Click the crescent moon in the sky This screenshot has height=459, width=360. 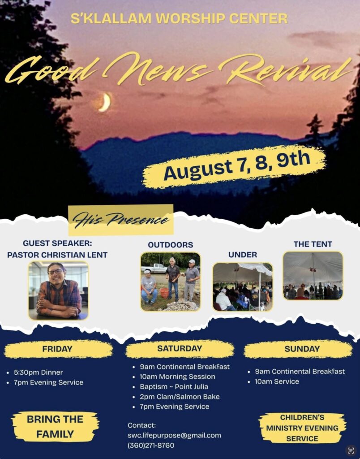[x=105, y=102]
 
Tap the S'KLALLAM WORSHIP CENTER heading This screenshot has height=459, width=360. [x=179, y=18]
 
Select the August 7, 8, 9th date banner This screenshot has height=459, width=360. [x=235, y=166]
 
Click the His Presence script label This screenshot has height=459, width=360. [x=121, y=220]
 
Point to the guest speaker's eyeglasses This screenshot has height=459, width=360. [x=56, y=271]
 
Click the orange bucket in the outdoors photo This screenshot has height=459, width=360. [x=164, y=293]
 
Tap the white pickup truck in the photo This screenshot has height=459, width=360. [x=154, y=268]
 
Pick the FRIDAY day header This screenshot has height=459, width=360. [x=58, y=349]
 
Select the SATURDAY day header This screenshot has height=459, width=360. [x=180, y=348]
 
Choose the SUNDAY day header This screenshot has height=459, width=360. [x=302, y=349]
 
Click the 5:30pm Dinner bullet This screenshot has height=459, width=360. [x=39, y=372]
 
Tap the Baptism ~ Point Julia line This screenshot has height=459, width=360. [x=174, y=387]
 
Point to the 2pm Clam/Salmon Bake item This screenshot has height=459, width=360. [x=180, y=397]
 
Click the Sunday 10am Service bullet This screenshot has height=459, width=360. [x=277, y=381]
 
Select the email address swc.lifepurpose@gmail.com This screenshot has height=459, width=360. [x=174, y=435]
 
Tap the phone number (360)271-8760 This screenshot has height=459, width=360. [x=151, y=446]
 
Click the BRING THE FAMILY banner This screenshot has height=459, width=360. [x=55, y=427]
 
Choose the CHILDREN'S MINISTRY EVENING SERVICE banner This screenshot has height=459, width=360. [x=302, y=428]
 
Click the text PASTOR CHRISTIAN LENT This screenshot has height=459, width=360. [x=57, y=255]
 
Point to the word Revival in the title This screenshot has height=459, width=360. [x=285, y=70]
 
